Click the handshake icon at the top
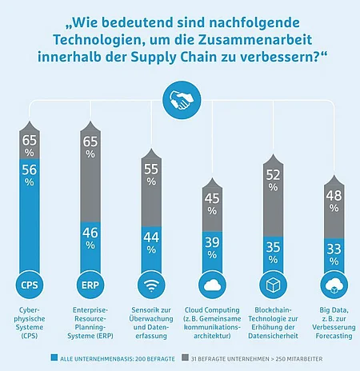182,100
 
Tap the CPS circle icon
30,285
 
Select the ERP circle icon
90,285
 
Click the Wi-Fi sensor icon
151,285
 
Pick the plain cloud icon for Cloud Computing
212,285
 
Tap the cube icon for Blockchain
273,285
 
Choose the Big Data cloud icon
334,285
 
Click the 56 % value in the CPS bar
30,175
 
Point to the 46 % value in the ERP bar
90,238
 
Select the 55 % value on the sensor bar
151,174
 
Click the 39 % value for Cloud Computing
212,248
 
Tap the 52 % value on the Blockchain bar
273,181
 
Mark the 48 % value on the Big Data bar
334,201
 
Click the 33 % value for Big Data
334,254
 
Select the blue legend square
54,357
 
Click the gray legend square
185,357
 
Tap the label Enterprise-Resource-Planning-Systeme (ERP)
90,323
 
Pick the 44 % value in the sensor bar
151,243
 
